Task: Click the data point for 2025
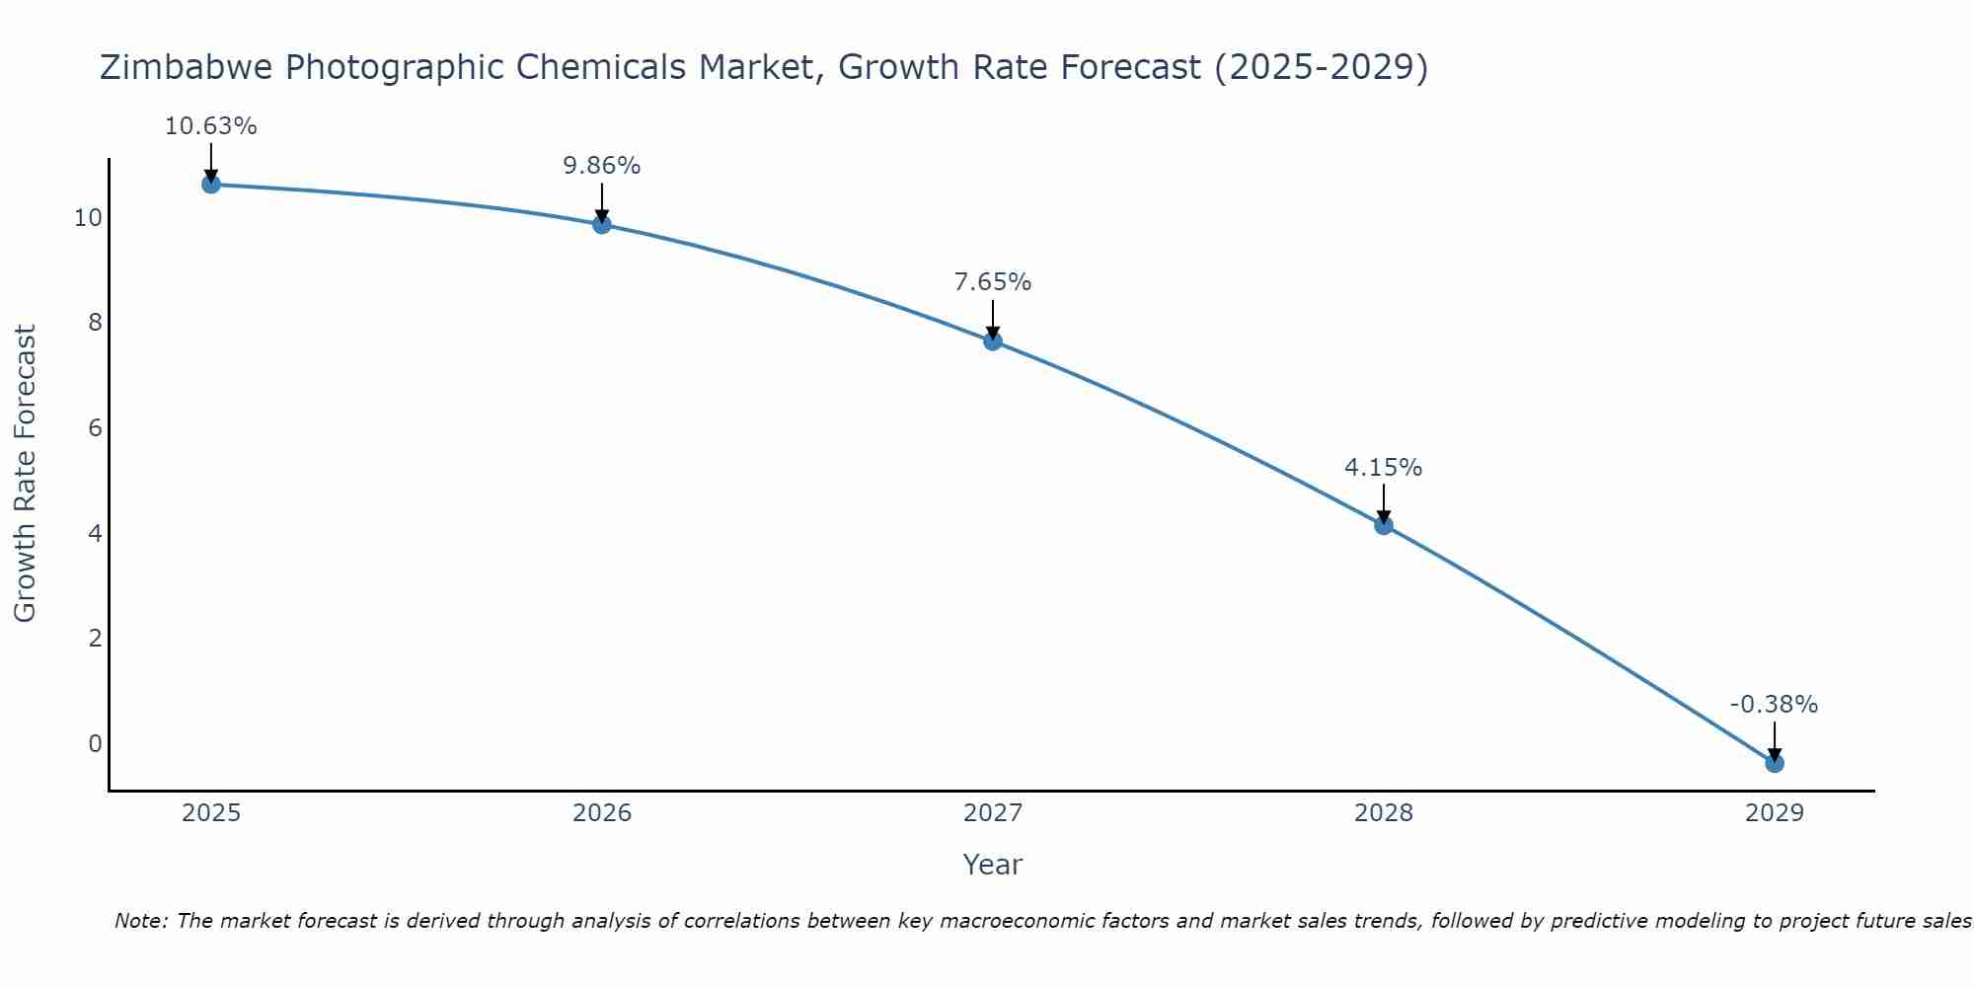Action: [x=210, y=184]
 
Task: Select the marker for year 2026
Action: [x=601, y=224]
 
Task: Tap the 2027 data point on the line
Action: [x=992, y=341]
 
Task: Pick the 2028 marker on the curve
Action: [x=1383, y=525]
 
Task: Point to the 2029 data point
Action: [x=1774, y=763]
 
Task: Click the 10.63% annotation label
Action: [x=210, y=126]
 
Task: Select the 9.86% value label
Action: [x=601, y=166]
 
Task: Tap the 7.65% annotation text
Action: [x=992, y=282]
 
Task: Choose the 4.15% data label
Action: [x=1383, y=468]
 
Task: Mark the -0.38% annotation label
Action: [x=1774, y=705]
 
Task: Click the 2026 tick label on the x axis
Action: [x=602, y=813]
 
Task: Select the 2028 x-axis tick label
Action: [x=1383, y=813]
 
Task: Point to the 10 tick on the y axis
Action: [x=88, y=218]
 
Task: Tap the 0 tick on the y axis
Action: [x=95, y=743]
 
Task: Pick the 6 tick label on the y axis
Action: [x=95, y=428]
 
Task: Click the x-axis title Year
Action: [x=992, y=865]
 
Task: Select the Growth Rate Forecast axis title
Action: [x=25, y=473]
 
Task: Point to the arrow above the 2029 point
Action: [x=1774, y=740]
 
